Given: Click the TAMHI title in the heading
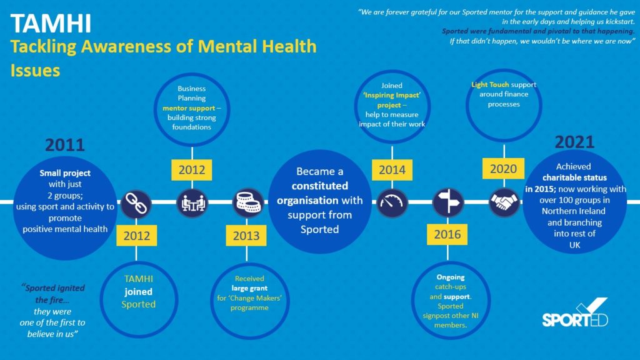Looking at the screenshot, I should pos(51,23).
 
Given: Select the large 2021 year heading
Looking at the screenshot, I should pos(574,142).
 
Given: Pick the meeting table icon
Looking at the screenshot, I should pos(192,202).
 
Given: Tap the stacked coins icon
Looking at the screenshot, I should pos(247,202).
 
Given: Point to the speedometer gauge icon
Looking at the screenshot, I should pos(392,202).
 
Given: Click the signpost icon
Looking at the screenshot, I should pos(447,202).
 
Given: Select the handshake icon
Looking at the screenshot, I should pos(503,202).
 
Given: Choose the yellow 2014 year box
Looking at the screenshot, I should pos(392,169).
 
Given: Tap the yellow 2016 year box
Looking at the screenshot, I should pos(447,235).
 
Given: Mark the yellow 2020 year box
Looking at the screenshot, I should pos(503,169).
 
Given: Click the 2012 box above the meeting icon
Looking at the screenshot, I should pos(192,169).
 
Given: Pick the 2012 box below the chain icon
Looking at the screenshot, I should pos(137,235).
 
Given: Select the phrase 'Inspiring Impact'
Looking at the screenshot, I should pos(392,96).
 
